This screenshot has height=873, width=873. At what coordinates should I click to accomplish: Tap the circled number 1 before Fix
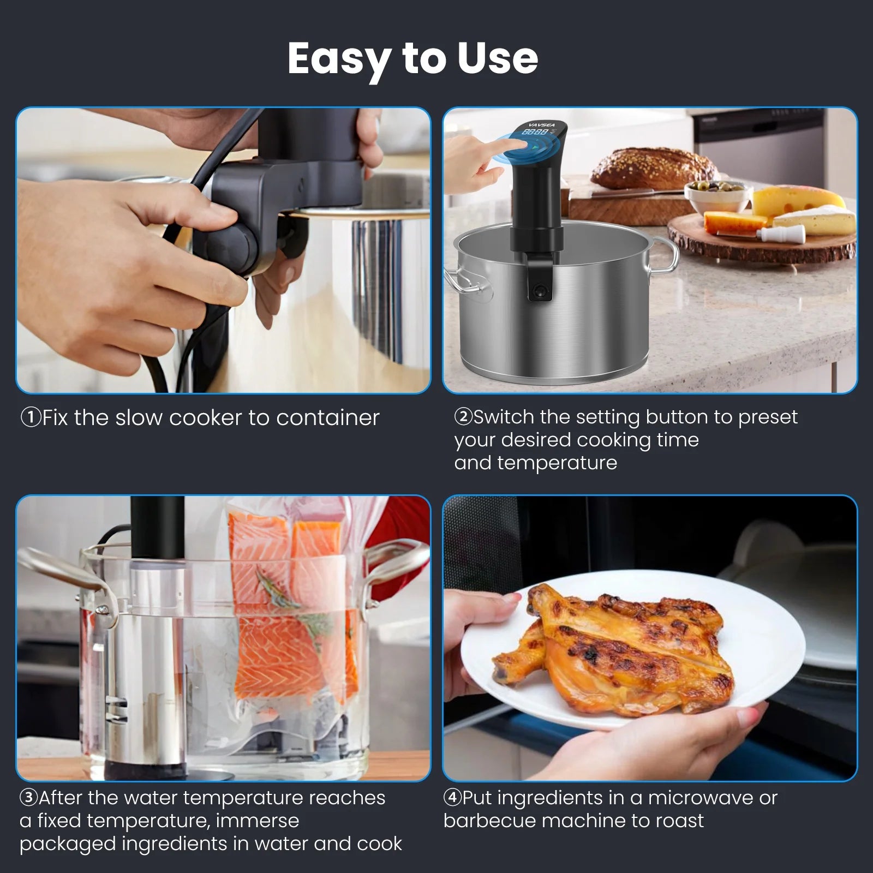[31, 418]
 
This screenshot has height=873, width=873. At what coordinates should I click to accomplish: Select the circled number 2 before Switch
[463, 417]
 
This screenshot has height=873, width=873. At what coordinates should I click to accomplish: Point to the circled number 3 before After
[28, 798]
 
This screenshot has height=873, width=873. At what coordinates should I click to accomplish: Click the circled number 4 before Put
[452, 798]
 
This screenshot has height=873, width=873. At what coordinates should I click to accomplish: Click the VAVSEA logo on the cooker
[542, 125]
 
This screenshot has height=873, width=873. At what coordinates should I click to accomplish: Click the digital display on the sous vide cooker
[535, 132]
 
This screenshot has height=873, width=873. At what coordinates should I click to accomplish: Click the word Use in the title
[497, 59]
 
